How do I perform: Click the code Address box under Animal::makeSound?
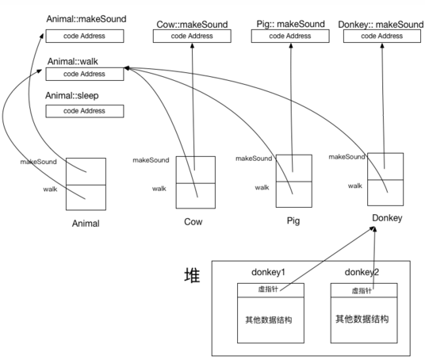click(85, 36)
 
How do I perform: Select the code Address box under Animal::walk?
click(85, 74)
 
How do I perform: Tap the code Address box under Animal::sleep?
click(85, 111)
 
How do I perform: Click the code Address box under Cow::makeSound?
click(192, 36)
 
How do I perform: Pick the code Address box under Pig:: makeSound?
click(290, 36)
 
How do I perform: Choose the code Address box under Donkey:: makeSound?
click(382, 36)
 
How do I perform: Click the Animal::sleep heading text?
click(72, 96)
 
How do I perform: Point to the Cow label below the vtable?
click(193, 222)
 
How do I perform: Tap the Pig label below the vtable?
click(293, 220)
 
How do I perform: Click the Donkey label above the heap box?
click(387, 218)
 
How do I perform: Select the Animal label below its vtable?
click(86, 224)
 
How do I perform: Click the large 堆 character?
click(192, 275)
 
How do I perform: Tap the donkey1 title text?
click(268, 272)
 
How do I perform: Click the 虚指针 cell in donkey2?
click(364, 290)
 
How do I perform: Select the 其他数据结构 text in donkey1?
click(269, 320)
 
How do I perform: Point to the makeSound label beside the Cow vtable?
click(151, 160)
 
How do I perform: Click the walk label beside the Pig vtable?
click(262, 187)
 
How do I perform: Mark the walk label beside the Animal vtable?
click(50, 189)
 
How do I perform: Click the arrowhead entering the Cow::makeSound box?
click(192, 45)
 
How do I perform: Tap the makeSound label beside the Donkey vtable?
click(347, 157)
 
